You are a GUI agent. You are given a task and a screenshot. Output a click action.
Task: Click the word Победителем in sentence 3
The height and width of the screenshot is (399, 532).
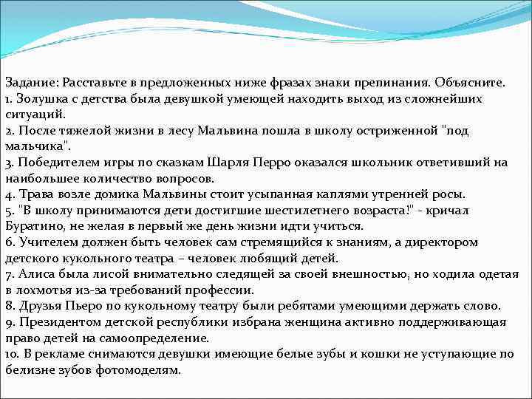click(54, 163)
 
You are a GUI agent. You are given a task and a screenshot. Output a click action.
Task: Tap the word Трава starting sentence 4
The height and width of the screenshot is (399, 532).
click(33, 194)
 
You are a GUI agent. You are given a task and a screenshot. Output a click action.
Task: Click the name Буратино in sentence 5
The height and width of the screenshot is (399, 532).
click(33, 226)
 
